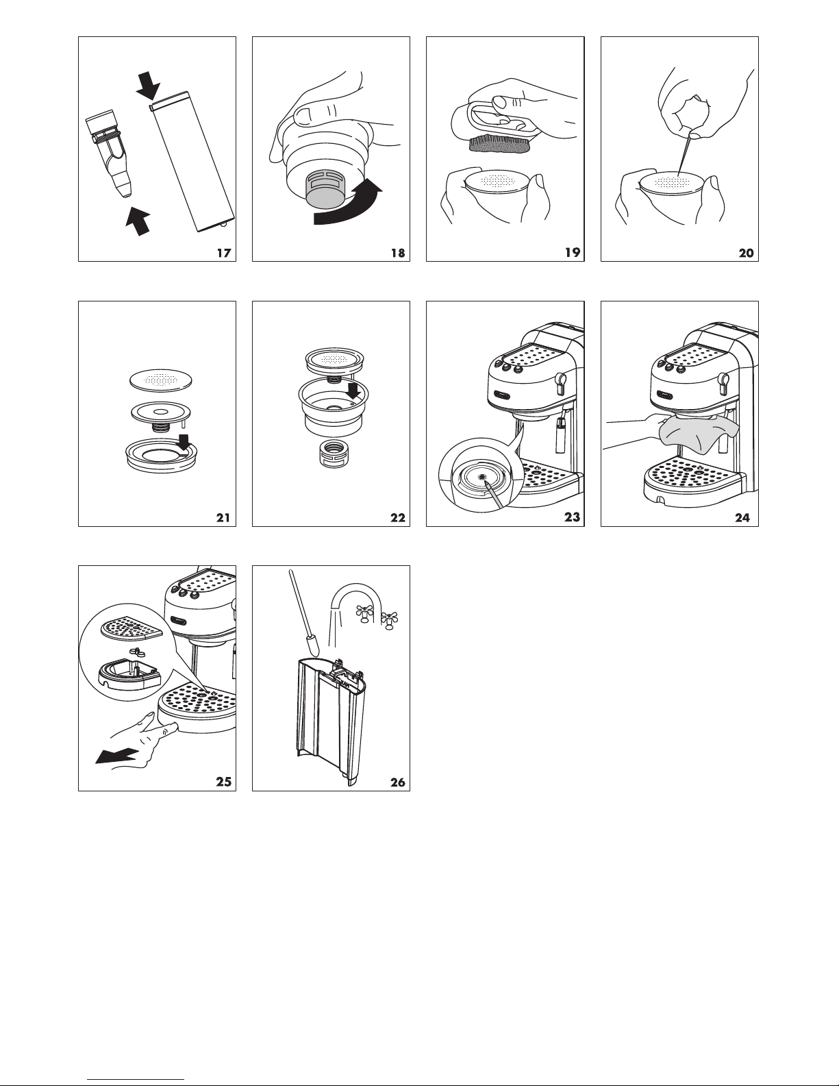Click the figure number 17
pyautogui.click(x=223, y=253)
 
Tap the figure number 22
pyautogui.click(x=397, y=517)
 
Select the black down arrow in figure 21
pyautogui.click(x=183, y=445)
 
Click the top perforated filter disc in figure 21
pyautogui.click(x=160, y=378)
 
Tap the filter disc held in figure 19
pyautogui.click(x=496, y=184)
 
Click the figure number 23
pyautogui.click(x=571, y=517)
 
